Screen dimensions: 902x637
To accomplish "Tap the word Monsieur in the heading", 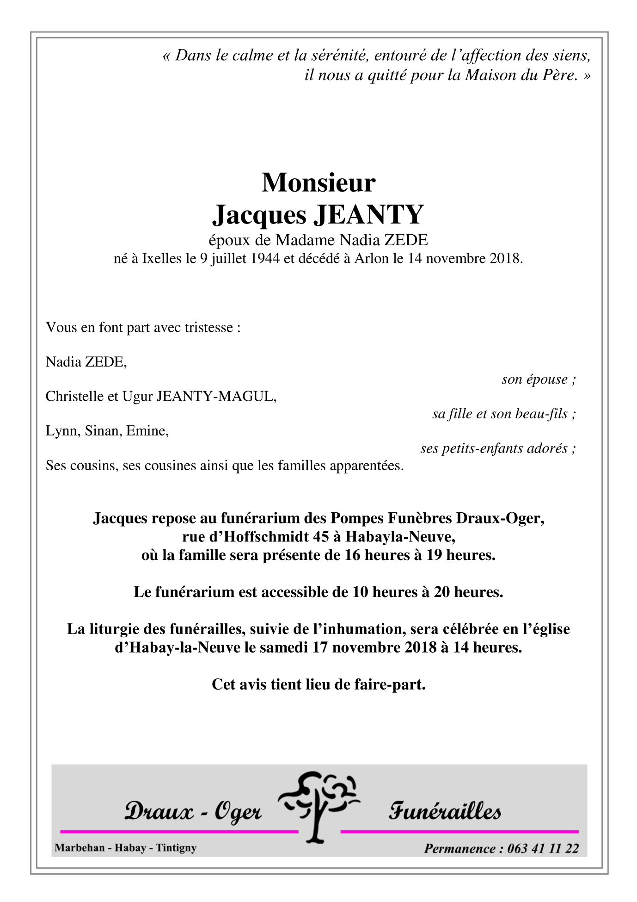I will click(x=318, y=182).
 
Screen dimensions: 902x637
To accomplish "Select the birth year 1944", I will click(x=265, y=258).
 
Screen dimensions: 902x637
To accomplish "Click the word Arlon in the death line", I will click(x=372, y=258).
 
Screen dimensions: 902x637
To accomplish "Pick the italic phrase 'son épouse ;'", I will click(x=539, y=379).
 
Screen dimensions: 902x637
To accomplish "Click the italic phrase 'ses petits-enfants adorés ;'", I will click(x=498, y=448).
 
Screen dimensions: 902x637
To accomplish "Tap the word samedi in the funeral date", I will click(x=283, y=647).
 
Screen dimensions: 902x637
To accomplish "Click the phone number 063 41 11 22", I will click(x=543, y=848).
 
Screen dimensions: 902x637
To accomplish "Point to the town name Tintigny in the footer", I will click(x=176, y=848).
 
